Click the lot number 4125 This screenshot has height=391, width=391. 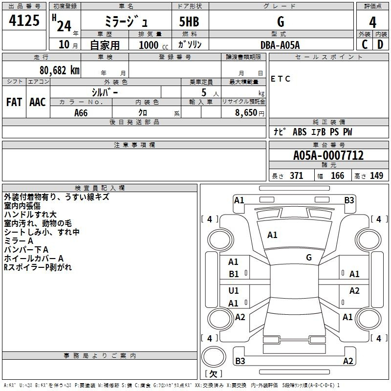point(24,22)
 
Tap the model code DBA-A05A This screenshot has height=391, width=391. point(280,45)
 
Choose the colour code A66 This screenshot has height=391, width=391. point(82,113)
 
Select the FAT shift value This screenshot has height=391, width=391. point(14,102)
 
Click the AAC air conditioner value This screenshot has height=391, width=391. point(38,102)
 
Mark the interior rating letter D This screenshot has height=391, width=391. point(380,44)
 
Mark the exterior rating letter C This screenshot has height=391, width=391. point(365,44)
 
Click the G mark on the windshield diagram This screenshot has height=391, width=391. point(309,257)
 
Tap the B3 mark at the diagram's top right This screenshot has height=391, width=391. point(349,200)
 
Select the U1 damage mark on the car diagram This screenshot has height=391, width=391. point(234,291)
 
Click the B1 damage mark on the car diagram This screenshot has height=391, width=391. point(234,274)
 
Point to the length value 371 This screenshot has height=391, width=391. point(297,176)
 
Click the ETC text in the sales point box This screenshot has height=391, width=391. point(281,79)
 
